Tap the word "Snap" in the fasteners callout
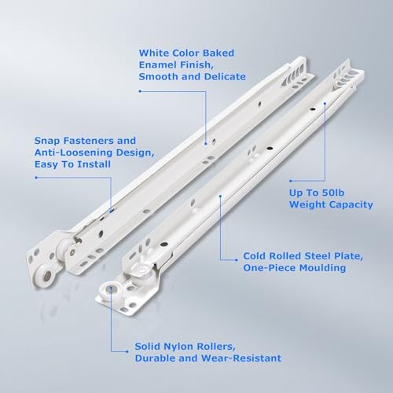pyautogui.click(x=47, y=141)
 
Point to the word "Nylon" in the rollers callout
pyautogui.click(x=178, y=347)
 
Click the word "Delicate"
pyautogui.click(x=225, y=77)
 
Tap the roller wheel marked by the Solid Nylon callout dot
pyautogui.click(x=111, y=288)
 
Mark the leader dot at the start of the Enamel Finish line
pyautogui.click(x=140, y=91)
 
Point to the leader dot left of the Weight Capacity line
pyautogui.click(x=291, y=181)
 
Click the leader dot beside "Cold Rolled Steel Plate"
pyautogui.click(x=237, y=260)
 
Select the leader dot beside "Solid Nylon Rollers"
pyautogui.click(x=127, y=351)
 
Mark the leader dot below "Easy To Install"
pyautogui.click(x=36, y=178)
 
